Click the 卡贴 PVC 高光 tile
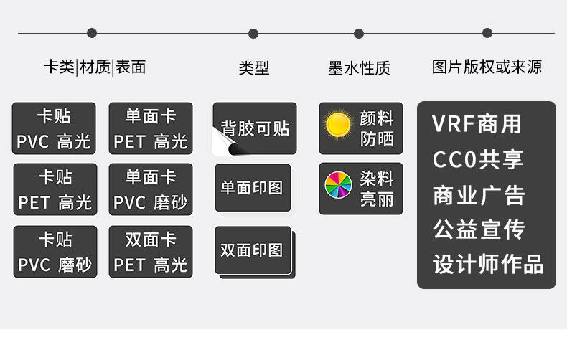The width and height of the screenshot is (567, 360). [x=54, y=128]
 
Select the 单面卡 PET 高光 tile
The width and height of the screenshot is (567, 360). [x=151, y=128]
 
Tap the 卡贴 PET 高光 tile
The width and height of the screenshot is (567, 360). [x=55, y=189]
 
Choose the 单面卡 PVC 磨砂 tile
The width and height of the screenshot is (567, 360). [x=151, y=189]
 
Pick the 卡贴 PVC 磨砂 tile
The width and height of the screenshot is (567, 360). [x=55, y=252]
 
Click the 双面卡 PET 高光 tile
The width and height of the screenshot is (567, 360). [x=151, y=252]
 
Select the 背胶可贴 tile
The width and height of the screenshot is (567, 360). [x=255, y=128]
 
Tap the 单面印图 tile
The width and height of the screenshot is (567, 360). [x=252, y=188]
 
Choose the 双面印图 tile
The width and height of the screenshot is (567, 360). [x=252, y=250]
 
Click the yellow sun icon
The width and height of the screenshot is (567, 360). [x=337, y=125]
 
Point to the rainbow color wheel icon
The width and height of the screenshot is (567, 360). [x=338, y=186]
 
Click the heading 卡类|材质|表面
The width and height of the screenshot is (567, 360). [x=95, y=67]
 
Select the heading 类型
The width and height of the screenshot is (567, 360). [x=254, y=68]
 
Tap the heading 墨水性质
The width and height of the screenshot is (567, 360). [x=359, y=68]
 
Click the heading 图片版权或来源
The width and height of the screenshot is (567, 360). [x=487, y=67]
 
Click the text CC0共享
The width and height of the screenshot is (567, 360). [x=478, y=159]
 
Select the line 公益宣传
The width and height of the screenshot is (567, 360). [x=478, y=229]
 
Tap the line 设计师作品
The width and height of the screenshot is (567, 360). [x=487, y=264]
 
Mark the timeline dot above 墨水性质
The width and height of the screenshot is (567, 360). [x=359, y=33]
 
